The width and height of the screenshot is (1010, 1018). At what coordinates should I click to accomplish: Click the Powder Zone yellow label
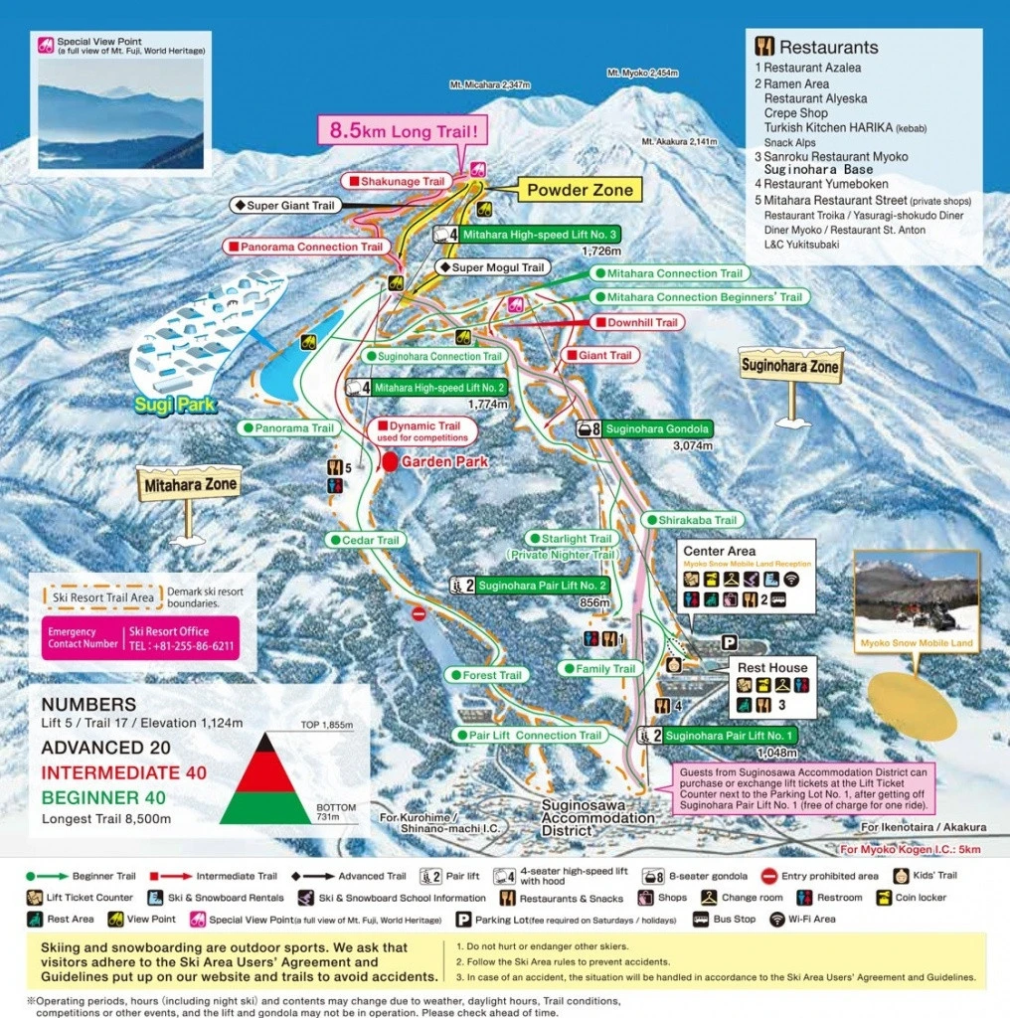coord(580,190)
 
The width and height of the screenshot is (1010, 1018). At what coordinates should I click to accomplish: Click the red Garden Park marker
coord(390,462)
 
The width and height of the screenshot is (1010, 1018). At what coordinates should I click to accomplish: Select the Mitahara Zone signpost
coord(188,486)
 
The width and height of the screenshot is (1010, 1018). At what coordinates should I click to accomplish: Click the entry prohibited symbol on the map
coord(420,614)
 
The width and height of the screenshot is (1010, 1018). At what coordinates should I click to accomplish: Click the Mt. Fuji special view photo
coord(120,112)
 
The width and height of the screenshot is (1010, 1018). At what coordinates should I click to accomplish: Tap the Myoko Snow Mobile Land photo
coord(917,595)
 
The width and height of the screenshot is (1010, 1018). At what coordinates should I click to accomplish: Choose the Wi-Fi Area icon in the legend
coord(775,920)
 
